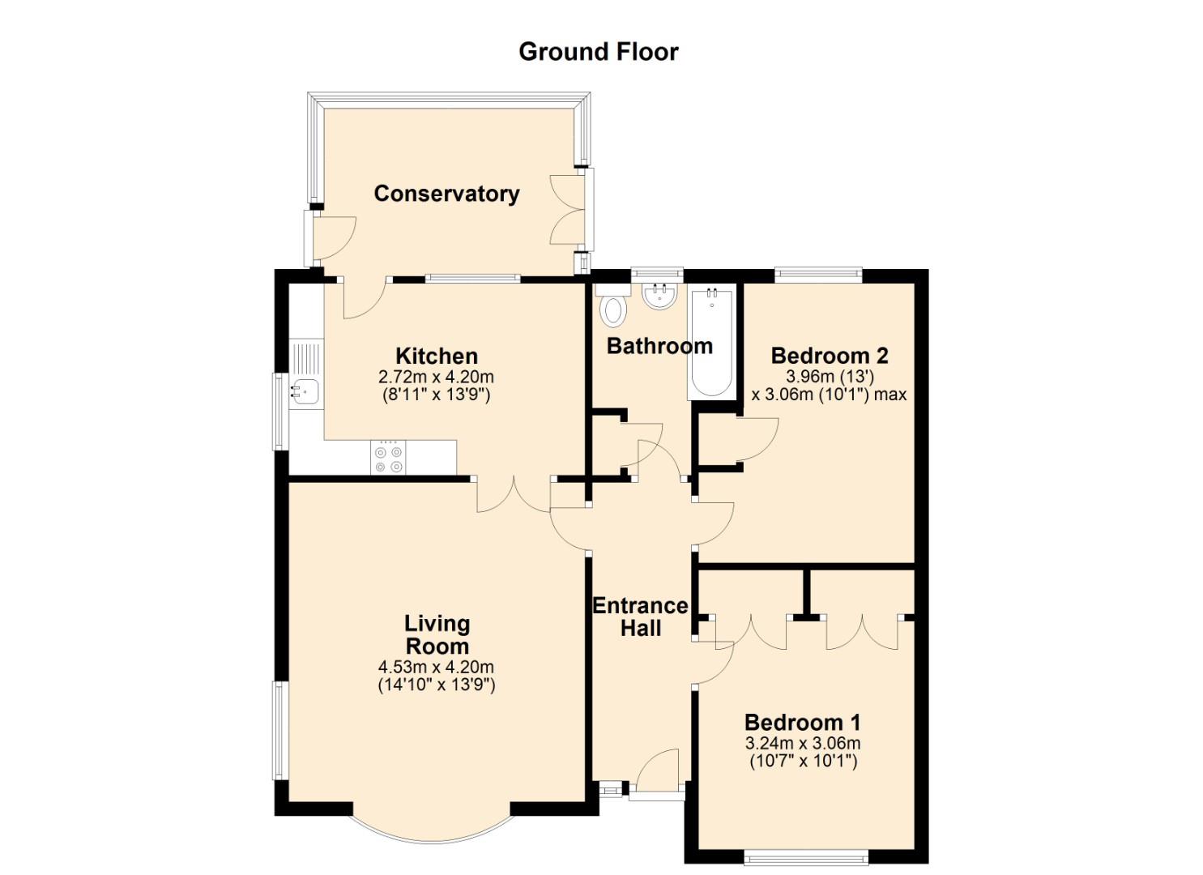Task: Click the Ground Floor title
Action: point(599,52)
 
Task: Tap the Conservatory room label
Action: point(447,194)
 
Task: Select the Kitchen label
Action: point(437,356)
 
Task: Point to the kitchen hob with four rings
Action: point(388,457)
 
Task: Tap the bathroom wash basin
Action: point(660,296)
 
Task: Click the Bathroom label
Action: point(659,347)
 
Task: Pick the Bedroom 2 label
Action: point(830,356)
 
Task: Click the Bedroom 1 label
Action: point(802,723)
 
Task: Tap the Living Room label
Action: point(437,635)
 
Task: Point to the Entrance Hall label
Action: point(640,617)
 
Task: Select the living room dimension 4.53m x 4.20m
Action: point(436,667)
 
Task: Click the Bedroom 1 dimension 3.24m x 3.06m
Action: point(802,744)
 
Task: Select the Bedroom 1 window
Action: point(805,857)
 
